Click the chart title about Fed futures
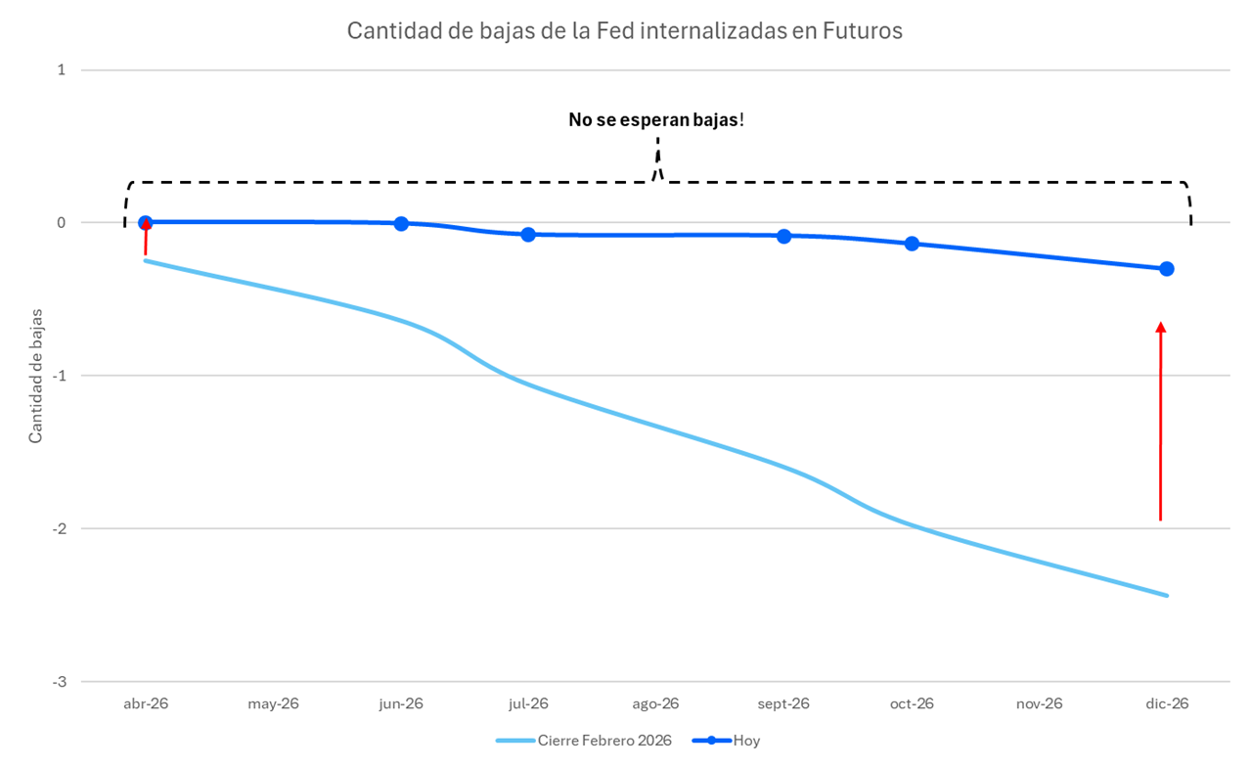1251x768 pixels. [x=625, y=31]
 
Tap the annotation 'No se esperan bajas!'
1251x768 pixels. [x=656, y=120]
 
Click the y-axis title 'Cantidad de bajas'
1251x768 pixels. [x=36, y=375]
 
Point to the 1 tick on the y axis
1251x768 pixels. [x=61, y=69]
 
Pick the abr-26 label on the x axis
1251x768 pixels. [x=146, y=703]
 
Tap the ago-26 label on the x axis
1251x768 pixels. [x=656, y=703]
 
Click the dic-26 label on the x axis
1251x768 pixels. [x=1166, y=703]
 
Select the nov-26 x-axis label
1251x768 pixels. [x=1039, y=703]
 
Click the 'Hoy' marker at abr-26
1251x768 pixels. [x=146, y=223]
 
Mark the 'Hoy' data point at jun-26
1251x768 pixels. [x=401, y=224]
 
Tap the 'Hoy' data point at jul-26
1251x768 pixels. [x=528, y=235]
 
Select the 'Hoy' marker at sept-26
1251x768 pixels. [x=783, y=236]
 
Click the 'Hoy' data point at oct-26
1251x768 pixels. [x=912, y=244]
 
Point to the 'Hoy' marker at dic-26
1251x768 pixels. [x=1167, y=269]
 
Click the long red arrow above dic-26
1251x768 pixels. [x=1161, y=421]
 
